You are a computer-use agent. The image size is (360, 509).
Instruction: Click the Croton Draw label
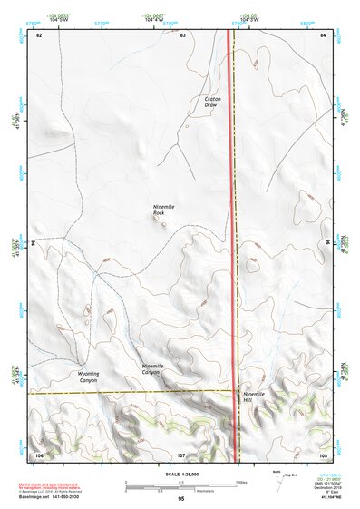[x=211, y=102]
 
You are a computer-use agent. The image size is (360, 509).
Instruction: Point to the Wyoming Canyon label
[x=88, y=377]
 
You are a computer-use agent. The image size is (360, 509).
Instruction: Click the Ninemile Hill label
[x=255, y=396]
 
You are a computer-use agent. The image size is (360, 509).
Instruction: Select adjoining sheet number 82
[x=39, y=34]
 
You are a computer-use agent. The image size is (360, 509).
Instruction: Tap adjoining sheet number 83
[x=182, y=34]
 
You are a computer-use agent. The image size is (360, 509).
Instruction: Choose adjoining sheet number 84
[x=322, y=34]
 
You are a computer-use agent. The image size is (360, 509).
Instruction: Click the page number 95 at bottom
[x=181, y=499]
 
